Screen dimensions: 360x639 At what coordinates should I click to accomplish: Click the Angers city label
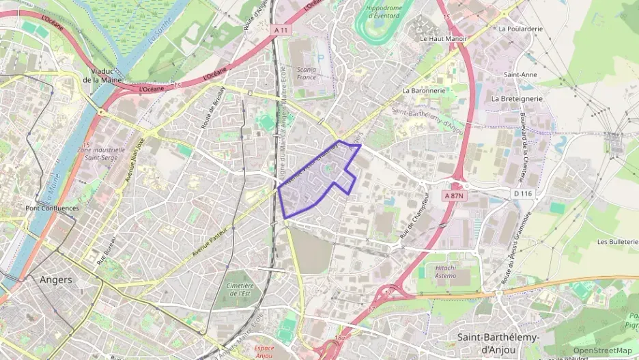point(56,279)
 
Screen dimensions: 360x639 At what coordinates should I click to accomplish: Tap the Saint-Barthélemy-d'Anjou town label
point(498,343)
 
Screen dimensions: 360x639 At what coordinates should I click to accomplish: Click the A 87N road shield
point(454,195)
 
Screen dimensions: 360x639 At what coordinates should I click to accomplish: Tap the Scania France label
point(307,73)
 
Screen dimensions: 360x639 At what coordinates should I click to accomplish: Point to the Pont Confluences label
point(52,208)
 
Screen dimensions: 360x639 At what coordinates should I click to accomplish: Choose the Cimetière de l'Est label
point(238,289)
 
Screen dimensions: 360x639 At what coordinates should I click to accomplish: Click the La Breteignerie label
point(517,98)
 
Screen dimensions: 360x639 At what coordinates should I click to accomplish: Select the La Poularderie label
point(520,29)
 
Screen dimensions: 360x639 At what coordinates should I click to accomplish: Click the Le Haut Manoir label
point(443,39)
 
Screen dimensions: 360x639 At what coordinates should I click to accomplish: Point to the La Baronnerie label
point(424,90)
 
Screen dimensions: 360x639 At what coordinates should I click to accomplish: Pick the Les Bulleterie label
point(617,242)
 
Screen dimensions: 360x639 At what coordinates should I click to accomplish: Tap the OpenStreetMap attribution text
point(603,350)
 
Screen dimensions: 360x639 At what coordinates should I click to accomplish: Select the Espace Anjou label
point(259,350)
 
